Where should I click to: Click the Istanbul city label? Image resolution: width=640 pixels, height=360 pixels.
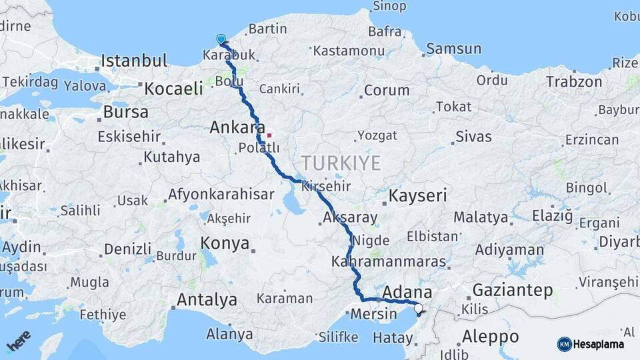click(134, 61)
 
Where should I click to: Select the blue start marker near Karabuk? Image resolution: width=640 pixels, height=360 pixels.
click(221, 39)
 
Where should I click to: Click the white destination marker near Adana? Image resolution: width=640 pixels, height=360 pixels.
click(418, 308)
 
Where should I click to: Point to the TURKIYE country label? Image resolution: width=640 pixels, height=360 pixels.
click(341, 163)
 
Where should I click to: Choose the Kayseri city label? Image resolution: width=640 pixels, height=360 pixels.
click(418, 195)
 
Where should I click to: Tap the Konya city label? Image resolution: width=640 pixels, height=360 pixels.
click(225, 243)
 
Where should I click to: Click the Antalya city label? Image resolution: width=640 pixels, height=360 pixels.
click(207, 300)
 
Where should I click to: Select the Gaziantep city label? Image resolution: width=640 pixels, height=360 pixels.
click(513, 290)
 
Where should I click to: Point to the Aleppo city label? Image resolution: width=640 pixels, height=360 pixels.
click(490, 335)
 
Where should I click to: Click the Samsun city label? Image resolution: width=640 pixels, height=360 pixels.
click(453, 49)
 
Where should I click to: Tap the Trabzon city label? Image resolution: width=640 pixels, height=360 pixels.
click(574, 81)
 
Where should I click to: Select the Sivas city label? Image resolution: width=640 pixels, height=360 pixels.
click(473, 137)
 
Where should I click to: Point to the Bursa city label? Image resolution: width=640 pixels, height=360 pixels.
click(126, 112)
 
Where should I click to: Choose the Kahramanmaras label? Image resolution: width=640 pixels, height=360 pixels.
click(388, 261)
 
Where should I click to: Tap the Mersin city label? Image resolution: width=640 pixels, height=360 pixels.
click(373, 313)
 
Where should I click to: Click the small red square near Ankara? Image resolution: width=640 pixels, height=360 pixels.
click(269, 135)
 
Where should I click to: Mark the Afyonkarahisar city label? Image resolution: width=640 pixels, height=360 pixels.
click(221, 195)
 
